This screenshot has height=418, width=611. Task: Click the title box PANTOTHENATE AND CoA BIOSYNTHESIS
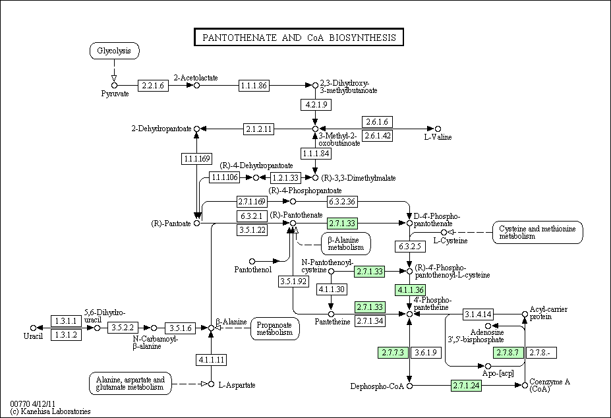[299, 37]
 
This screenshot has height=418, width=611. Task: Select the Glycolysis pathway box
[114, 51]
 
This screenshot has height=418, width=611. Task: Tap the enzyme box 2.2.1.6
[153, 86]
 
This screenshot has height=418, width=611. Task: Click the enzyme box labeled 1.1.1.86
[254, 86]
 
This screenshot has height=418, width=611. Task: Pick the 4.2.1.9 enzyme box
[316, 104]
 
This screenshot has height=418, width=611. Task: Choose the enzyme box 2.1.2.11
[258, 129]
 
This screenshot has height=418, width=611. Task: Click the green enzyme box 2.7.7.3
[393, 353]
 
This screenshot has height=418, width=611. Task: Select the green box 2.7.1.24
[466, 386]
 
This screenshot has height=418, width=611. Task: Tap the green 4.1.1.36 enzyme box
[410, 289]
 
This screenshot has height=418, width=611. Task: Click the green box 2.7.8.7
[509, 353]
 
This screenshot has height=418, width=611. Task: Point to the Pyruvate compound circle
[114, 86]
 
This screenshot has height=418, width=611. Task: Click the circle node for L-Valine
[438, 129]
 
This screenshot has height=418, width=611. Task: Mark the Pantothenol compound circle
[252, 261]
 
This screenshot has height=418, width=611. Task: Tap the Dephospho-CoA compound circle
[409, 386]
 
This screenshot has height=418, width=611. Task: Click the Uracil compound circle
[33, 328]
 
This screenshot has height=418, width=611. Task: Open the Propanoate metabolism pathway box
[275, 329]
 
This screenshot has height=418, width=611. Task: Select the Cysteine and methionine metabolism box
[537, 232]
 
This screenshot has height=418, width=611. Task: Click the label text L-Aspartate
[237, 385]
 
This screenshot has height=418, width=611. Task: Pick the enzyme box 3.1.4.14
[478, 314]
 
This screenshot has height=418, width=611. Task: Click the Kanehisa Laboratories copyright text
[50, 411]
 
